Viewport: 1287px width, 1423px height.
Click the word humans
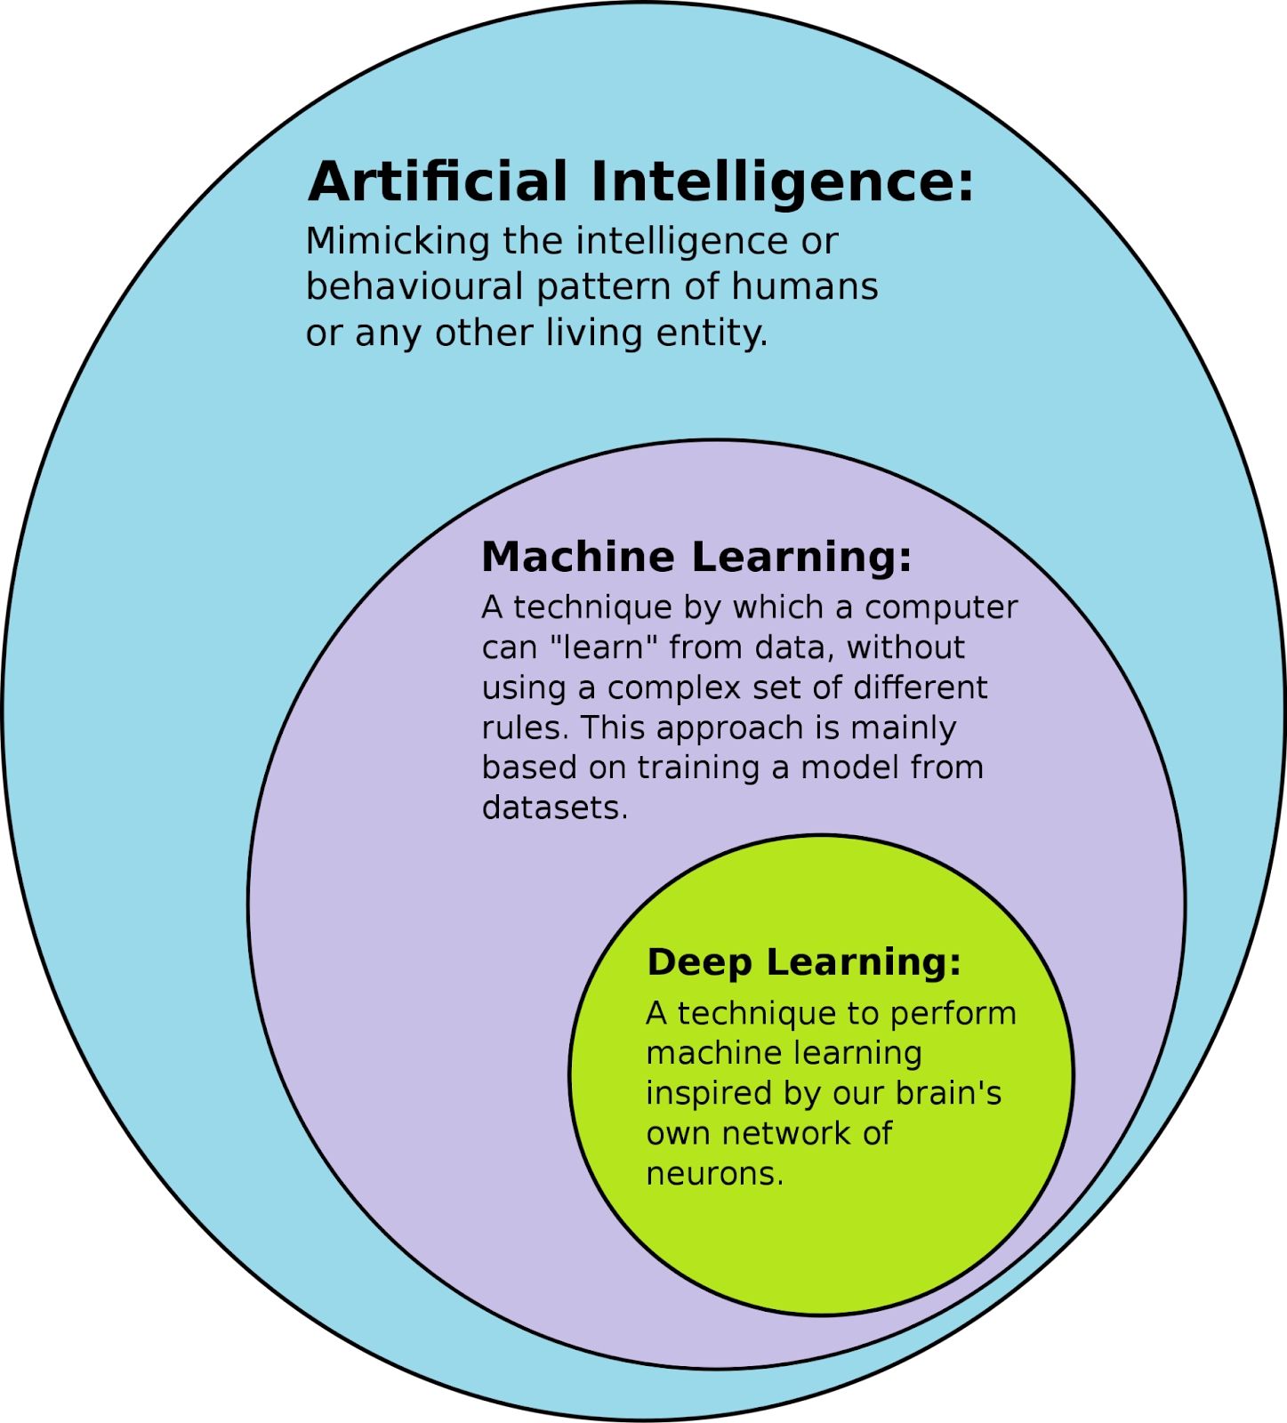pos(805,287)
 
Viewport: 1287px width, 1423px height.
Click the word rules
pos(524,728)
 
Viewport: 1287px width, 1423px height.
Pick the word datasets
pos(554,808)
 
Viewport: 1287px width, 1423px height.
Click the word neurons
pos(714,1175)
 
